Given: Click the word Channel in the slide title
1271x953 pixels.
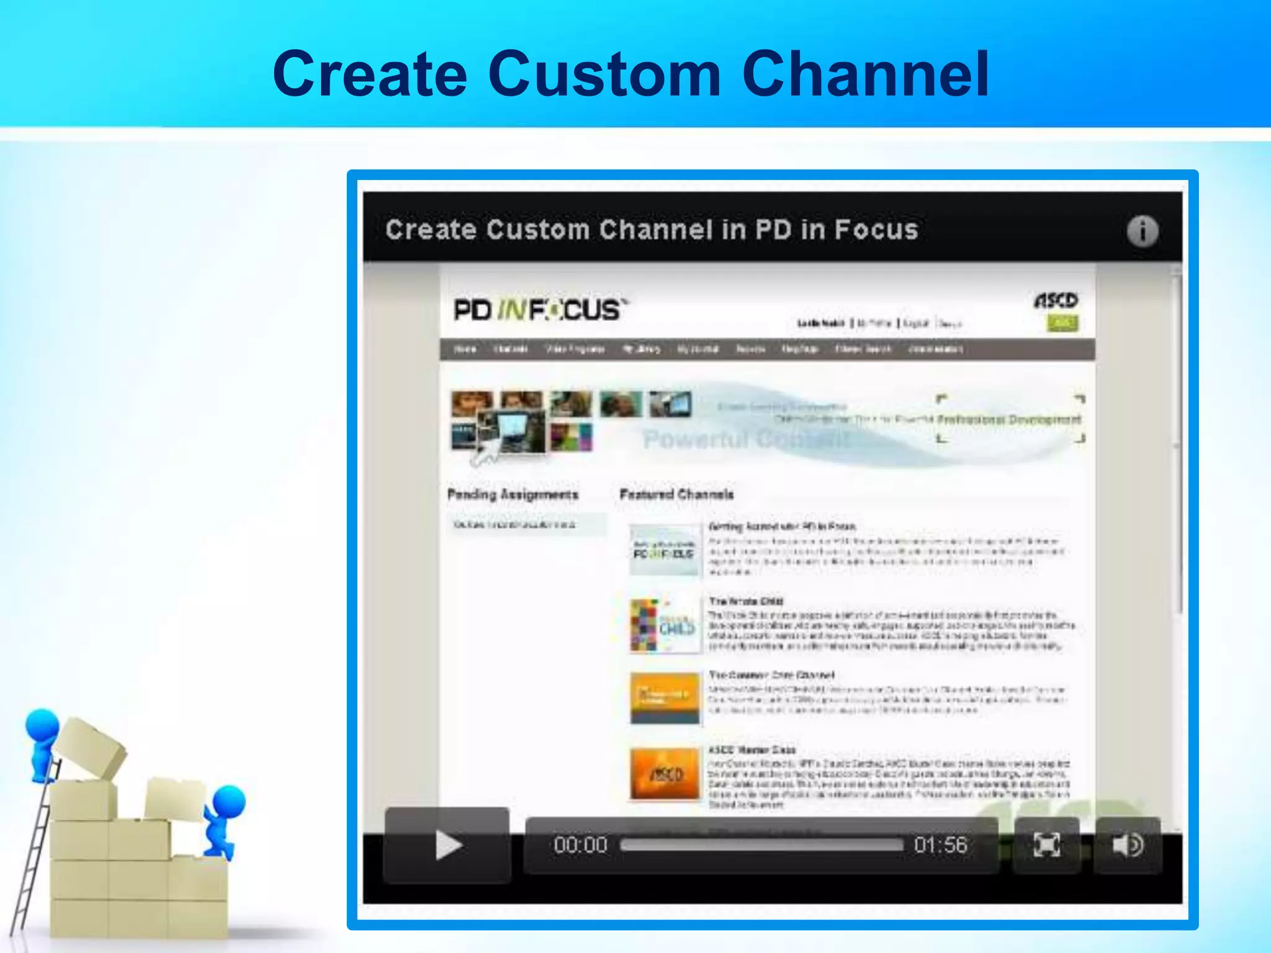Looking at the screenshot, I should (865, 74).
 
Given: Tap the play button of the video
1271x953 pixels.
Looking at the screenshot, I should (447, 844).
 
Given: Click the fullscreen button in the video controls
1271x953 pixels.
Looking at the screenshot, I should (1046, 844).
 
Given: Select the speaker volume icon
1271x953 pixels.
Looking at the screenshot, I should (1126, 844).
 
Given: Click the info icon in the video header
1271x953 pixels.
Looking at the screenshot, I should (1143, 231).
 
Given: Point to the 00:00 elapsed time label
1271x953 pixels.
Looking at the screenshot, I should (580, 844).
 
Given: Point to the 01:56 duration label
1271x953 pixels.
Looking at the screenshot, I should (940, 844).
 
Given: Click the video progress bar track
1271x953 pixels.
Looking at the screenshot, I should (761, 844).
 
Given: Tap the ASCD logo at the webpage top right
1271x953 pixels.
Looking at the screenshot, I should (1056, 301).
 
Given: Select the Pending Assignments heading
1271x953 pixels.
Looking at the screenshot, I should (513, 494).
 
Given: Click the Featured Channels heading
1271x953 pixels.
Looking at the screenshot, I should (676, 494).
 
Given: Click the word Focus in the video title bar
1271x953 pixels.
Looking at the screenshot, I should (876, 230).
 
